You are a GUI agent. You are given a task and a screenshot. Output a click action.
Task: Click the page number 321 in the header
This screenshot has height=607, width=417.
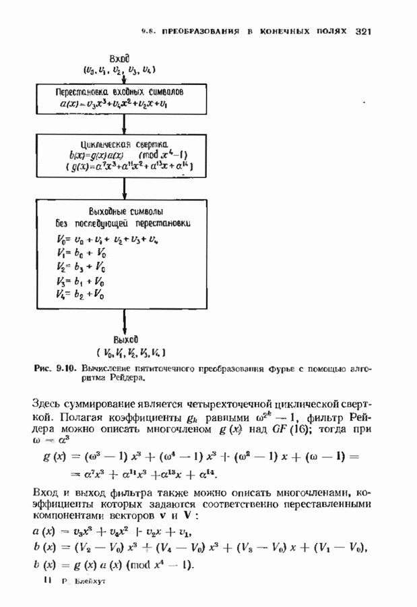363,31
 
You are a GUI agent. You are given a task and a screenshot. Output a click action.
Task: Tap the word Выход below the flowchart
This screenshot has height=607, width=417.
125,339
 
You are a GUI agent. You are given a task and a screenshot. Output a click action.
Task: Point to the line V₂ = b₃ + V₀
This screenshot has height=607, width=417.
81,266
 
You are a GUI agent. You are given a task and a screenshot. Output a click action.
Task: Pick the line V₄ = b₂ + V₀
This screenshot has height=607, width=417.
81,295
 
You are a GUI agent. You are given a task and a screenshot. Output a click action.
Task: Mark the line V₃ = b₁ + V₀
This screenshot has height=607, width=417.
81,281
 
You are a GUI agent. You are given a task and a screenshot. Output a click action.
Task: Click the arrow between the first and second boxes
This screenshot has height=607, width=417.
125,123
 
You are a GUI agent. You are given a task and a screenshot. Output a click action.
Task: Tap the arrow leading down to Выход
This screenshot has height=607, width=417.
125,319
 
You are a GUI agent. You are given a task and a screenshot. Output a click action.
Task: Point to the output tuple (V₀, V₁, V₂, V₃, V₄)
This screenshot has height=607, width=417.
131,353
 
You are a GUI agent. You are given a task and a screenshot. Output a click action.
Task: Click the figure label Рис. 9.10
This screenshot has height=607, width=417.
55,369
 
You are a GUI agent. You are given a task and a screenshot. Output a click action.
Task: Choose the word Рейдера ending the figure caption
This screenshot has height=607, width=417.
128,378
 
